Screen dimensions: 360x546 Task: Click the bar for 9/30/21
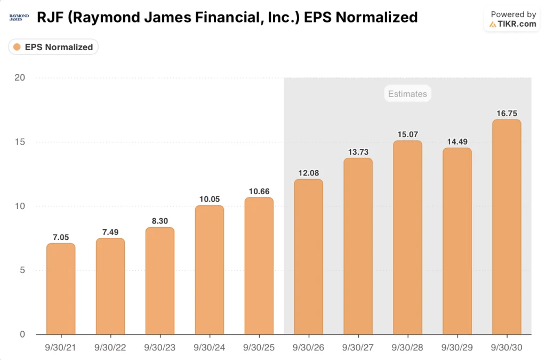[x=61, y=289]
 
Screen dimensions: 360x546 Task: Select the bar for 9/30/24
[x=210, y=270]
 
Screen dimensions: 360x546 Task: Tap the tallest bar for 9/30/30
[x=507, y=227]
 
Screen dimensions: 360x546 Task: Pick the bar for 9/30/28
[x=407, y=238]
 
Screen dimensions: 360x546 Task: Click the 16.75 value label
[x=507, y=113]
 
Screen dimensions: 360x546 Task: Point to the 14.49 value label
[x=457, y=142]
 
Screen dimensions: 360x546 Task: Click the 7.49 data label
[x=110, y=232]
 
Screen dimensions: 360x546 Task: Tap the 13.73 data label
[x=358, y=152]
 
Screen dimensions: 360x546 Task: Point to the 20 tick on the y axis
[x=20, y=78]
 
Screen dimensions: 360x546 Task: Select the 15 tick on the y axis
[x=20, y=142]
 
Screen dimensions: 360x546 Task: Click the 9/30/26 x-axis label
[x=308, y=347]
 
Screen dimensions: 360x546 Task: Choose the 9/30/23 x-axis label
[x=160, y=347]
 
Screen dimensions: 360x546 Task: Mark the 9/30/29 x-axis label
[x=457, y=347]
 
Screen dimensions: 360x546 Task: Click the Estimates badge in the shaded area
[x=407, y=94]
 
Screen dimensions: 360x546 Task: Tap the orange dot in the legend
[x=17, y=47]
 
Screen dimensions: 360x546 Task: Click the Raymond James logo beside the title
[x=19, y=18]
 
